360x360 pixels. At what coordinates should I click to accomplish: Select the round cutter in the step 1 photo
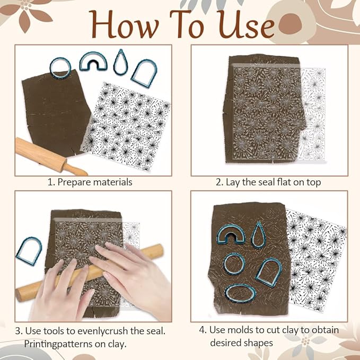coord(60,66)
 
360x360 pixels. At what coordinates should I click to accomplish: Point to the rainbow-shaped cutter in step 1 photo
coord(93,62)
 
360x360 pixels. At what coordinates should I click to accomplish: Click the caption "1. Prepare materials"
coord(90,182)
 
